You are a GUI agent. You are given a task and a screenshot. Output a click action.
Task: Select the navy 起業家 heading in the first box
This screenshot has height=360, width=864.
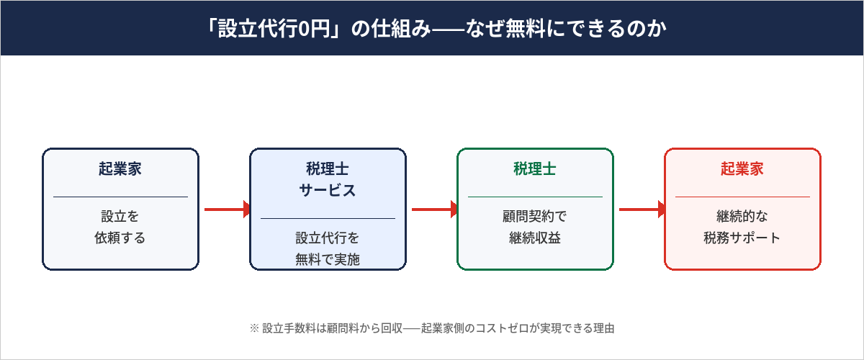[x=120, y=169]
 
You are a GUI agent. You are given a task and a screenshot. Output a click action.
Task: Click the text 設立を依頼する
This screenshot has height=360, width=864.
[x=120, y=227]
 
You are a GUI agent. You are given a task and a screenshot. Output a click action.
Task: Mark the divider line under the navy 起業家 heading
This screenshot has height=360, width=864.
[x=120, y=197]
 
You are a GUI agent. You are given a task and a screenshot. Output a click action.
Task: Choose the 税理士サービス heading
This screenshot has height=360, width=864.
[x=328, y=180]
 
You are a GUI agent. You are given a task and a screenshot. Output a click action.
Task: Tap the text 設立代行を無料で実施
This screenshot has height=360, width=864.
[x=328, y=248]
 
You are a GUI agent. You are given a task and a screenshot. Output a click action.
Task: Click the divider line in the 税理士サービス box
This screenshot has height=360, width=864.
[x=328, y=218]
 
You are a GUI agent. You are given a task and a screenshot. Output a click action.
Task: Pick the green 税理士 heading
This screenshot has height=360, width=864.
[x=535, y=169]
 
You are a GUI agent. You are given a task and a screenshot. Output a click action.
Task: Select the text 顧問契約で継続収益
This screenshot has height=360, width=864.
[x=535, y=227]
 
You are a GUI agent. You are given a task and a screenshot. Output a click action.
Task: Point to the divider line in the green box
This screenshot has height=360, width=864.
[x=535, y=197]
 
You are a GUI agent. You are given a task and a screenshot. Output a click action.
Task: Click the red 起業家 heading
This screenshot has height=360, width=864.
[x=742, y=169]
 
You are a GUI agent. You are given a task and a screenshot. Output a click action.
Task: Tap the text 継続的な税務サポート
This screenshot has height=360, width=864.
[x=742, y=227]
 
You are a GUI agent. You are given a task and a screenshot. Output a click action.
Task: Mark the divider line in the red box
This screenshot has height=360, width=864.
[x=742, y=197]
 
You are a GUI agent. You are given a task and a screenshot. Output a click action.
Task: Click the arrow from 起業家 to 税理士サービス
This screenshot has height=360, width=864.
[x=227, y=210]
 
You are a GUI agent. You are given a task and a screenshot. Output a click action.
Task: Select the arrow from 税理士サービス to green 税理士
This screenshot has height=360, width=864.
[x=434, y=210]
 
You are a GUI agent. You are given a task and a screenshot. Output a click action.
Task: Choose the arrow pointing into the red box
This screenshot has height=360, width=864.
[x=642, y=210]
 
